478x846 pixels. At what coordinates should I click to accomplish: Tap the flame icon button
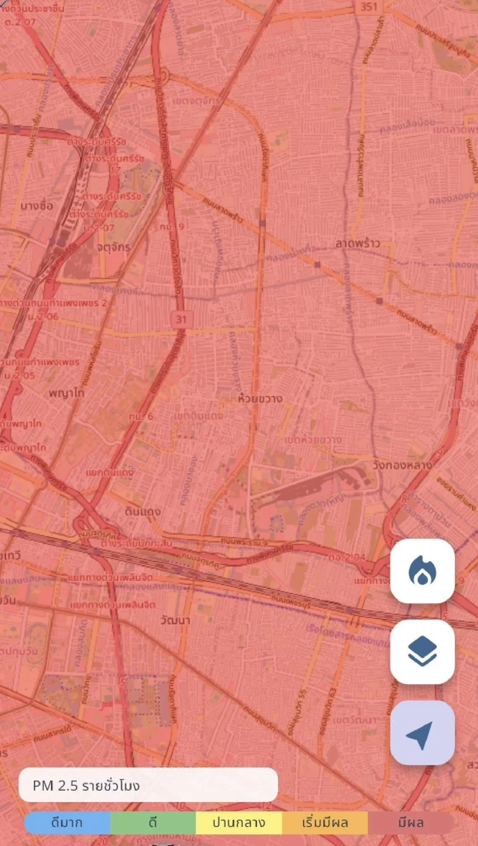[x=422, y=571]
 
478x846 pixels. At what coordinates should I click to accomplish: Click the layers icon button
[x=422, y=651]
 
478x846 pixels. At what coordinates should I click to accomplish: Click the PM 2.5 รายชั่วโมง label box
[x=148, y=785]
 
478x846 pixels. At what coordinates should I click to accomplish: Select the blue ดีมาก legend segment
[x=67, y=822]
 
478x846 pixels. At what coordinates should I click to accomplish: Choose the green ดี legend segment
[x=153, y=822]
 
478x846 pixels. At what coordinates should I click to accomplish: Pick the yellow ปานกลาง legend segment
[x=239, y=822]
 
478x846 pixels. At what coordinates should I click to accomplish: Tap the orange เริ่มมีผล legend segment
[x=325, y=822]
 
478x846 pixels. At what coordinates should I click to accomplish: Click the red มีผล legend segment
[x=411, y=822]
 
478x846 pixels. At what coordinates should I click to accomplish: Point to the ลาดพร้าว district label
[x=357, y=243]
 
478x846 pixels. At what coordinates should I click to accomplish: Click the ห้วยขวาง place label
[x=260, y=398]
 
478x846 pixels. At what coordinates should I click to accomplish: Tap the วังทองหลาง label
[x=402, y=465]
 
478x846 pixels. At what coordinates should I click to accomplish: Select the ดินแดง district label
[x=143, y=511]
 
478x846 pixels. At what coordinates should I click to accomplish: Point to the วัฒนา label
[x=175, y=620]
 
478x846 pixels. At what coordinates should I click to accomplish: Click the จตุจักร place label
[x=114, y=247]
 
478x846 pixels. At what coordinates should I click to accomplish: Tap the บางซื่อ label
[x=37, y=206]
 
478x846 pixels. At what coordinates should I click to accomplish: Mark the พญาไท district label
[x=67, y=393]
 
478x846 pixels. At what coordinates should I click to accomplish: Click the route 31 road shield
[x=181, y=319]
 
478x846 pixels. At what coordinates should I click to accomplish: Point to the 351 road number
[x=368, y=7]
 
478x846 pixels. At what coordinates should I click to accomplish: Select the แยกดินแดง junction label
[x=110, y=473]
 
